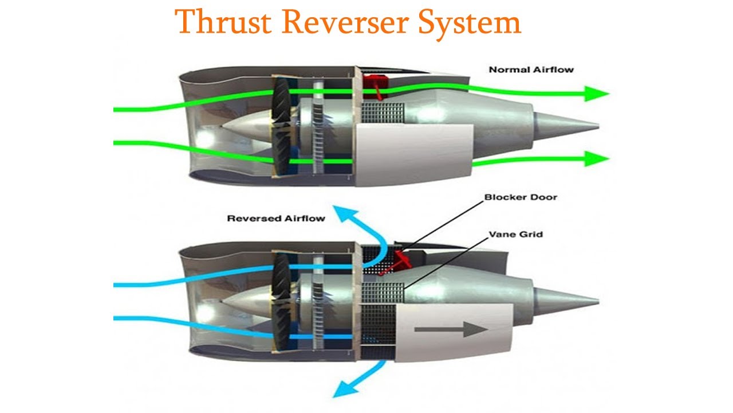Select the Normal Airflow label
click(531, 70)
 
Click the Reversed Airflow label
click(276, 219)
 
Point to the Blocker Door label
click(521, 197)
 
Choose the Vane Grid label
click(515, 234)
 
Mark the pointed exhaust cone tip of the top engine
click(596, 126)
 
